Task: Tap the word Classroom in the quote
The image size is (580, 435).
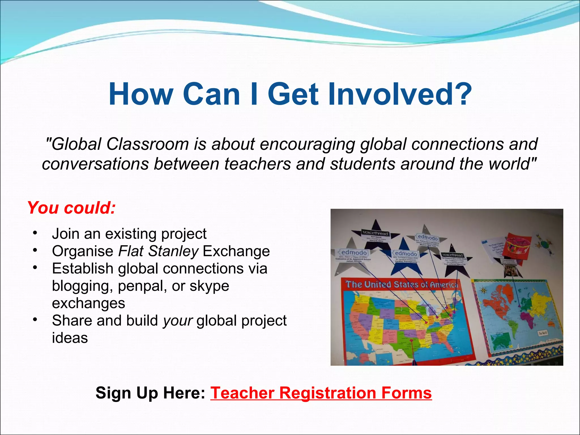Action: click(x=147, y=144)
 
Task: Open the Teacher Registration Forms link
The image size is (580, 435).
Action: click(x=321, y=393)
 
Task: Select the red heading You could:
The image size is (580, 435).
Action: click(x=71, y=208)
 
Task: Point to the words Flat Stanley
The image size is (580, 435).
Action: click(x=158, y=251)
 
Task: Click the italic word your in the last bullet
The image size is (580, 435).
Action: click(x=178, y=321)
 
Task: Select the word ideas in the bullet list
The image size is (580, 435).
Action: click(x=70, y=338)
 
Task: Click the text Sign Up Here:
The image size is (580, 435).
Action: click(x=150, y=393)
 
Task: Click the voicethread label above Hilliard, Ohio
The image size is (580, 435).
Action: click(x=375, y=233)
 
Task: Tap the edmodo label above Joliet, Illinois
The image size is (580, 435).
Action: click(x=353, y=252)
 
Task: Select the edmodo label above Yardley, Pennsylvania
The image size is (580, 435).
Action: click(x=406, y=253)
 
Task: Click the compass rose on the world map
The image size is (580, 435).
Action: click(x=483, y=290)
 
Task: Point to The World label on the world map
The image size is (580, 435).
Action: click(x=543, y=333)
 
